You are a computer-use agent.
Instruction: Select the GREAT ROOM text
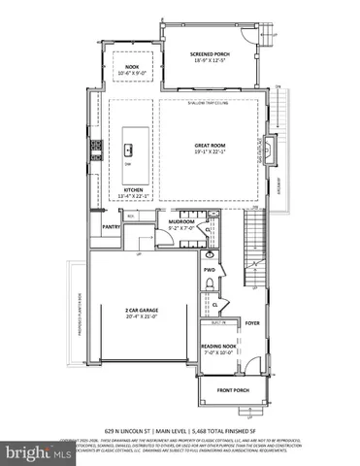pos(210,145)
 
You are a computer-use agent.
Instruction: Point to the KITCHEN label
pos(133,189)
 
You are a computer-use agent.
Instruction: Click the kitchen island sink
pos(128,150)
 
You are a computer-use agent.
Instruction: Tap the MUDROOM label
pos(181,222)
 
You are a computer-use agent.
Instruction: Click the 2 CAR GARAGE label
pos(142,310)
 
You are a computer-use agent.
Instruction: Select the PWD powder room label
pos(209,269)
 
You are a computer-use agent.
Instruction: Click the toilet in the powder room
pos(210,283)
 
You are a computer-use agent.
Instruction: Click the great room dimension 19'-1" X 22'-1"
pos(210,151)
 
